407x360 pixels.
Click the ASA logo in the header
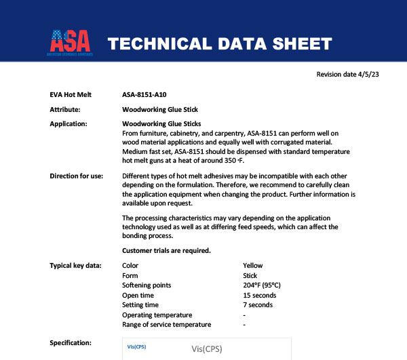tap(71, 43)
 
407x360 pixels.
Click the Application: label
tap(69, 124)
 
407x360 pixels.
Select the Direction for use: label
tap(77, 176)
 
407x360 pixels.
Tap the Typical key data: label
tap(75, 265)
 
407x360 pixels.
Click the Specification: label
tap(72, 343)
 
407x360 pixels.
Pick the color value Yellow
tap(252, 266)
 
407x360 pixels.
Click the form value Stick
tap(250, 275)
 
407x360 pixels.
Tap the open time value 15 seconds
tap(259, 295)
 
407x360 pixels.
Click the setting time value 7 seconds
tap(258, 305)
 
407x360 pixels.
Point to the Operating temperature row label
tap(157, 315)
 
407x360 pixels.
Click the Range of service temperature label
tap(166, 325)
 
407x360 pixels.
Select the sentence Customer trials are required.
tap(166, 251)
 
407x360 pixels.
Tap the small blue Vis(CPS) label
tap(136, 346)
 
